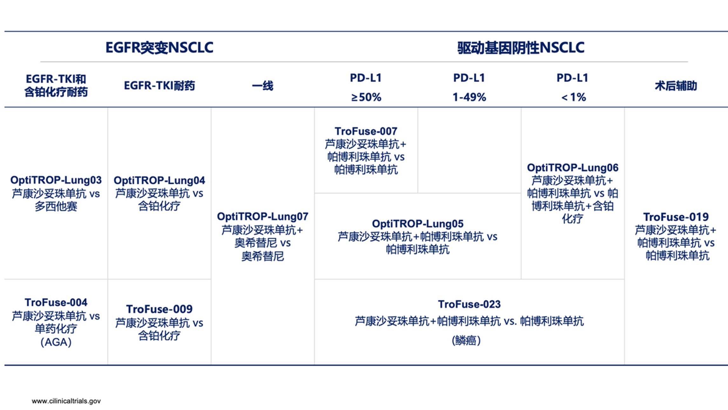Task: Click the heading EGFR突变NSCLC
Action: (159, 48)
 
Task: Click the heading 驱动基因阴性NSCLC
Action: (520, 48)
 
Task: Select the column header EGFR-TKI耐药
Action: (159, 86)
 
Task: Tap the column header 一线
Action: (262, 86)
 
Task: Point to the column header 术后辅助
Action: (676, 86)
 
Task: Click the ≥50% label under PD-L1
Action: (366, 97)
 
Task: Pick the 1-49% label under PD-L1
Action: (469, 97)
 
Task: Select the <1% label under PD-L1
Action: (573, 97)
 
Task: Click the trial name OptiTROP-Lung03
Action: (56, 180)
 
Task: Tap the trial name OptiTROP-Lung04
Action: (159, 180)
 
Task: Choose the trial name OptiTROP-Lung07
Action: (262, 217)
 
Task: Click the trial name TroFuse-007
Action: (366, 131)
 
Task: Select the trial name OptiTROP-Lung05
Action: (418, 224)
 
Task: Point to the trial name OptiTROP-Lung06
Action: (573, 168)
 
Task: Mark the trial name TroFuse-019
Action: (676, 217)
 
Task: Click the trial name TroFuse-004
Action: (56, 302)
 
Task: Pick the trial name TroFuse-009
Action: (159, 309)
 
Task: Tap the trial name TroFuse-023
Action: (469, 304)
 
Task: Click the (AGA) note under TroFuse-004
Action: (56, 342)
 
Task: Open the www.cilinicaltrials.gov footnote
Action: (66, 401)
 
